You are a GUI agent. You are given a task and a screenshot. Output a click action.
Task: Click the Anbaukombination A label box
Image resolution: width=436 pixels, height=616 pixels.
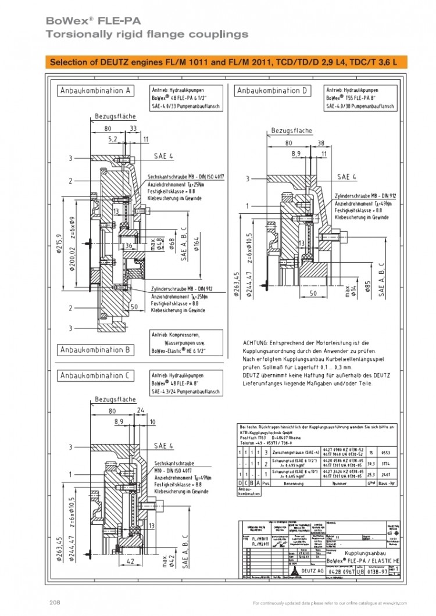click(96, 91)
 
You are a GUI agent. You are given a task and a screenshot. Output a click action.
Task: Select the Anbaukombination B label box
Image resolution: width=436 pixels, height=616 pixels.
click(96, 349)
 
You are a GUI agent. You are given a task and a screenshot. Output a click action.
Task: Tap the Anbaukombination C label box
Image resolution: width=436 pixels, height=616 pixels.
click(96, 376)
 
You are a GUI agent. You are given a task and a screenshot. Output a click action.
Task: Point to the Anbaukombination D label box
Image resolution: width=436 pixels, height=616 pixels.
click(273, 91)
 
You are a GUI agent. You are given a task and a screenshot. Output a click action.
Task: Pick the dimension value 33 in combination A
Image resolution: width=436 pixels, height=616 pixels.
click(133, 128)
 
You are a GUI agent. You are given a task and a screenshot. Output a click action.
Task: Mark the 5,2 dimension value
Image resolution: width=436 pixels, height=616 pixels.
click(113, 139)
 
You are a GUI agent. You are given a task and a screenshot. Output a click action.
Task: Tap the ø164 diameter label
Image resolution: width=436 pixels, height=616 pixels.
click(197, 243)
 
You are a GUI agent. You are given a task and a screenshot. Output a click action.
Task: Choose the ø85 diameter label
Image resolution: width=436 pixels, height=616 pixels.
click(367, 286)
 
